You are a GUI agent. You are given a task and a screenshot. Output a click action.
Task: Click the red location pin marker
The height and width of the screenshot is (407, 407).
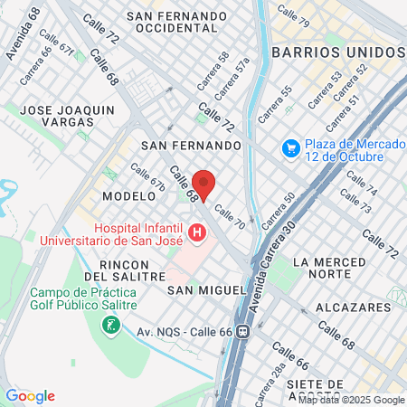(203, 184)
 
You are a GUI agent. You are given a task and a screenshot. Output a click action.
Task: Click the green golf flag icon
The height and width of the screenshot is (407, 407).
(111, 322)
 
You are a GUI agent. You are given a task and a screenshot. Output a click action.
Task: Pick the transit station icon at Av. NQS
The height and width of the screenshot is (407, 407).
(242, 332)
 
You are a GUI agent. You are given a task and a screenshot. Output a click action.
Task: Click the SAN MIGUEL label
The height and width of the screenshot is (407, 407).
(207, 289)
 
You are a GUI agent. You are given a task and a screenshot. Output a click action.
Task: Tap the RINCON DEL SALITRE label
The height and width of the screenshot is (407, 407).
(125, 270)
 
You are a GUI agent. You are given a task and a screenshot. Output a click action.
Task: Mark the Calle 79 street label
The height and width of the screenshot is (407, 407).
(293, 14)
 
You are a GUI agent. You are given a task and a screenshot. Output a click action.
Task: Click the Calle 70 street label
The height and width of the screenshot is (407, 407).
(230, 218)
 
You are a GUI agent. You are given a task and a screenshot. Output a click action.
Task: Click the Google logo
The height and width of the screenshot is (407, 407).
(30, 396)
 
